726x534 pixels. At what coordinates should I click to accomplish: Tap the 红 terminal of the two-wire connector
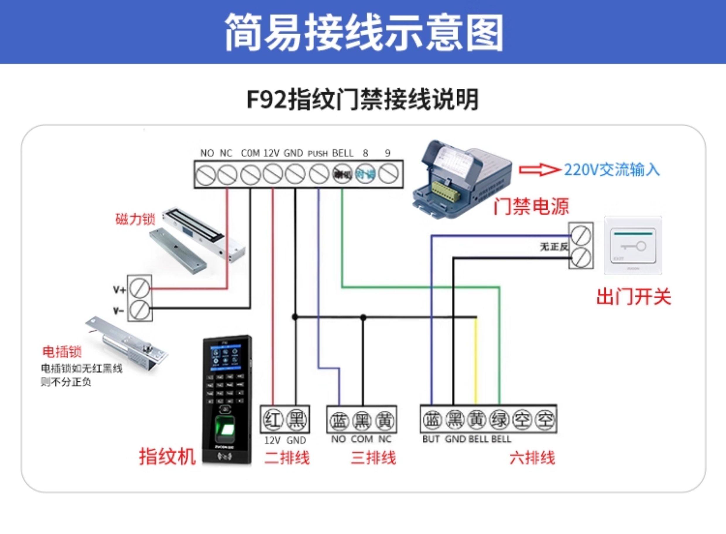point(273,420)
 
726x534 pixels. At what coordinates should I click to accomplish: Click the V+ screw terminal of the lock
point(140,288)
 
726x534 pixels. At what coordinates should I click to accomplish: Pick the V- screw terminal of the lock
point(140,310)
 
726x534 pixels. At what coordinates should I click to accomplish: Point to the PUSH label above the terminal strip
point(317,153)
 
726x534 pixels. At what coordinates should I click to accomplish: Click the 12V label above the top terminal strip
point(271,153)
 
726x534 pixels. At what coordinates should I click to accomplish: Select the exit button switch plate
point(633,246)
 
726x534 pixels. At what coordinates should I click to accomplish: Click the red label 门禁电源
point(531,206)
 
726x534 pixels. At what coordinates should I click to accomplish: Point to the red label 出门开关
point(633,296)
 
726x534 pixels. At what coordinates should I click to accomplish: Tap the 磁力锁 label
point(135,219)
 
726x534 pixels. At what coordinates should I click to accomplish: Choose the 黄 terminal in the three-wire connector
point(385,420)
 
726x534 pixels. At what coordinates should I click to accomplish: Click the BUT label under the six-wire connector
point(431,439)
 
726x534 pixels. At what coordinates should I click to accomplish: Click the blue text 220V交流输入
point(612,170)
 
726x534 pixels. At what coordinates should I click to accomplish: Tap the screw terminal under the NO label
point(206,174)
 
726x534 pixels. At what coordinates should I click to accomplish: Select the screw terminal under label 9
point(388,174)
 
